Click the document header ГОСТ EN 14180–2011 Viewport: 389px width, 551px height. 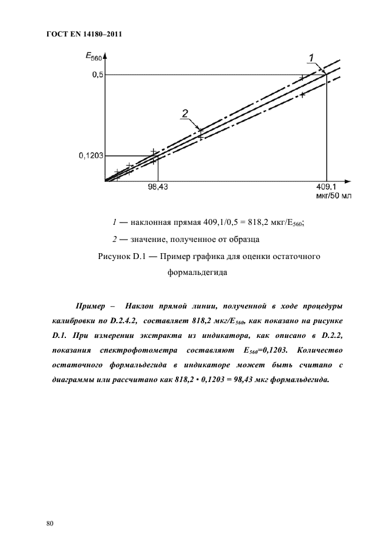(x=83, y=34)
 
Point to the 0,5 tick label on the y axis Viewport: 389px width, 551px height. (x=97, y=75)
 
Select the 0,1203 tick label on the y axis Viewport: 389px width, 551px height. (x=91, y=156)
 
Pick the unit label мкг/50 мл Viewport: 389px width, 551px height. (x=333, y=195)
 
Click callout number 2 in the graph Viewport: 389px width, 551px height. (x=185, y=113)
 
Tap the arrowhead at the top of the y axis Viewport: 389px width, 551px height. (x=105, y=57)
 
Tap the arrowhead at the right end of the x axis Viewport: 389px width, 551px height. (x=349, y=180)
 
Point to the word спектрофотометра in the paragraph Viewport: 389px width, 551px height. (x=136, y=351)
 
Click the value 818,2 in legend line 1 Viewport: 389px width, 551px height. (x=248, y=222)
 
